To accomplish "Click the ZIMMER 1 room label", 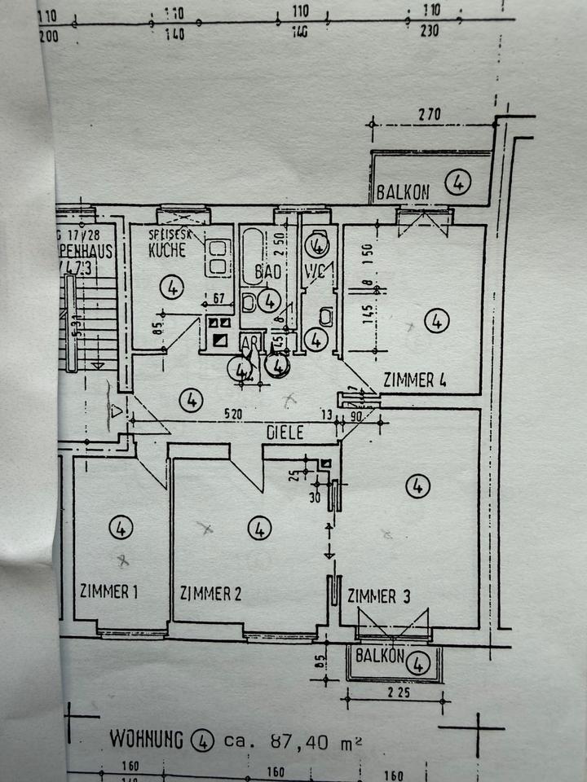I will [x=108, y=591].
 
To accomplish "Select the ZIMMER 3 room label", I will [x=378, y=595].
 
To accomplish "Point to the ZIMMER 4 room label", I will [x=414, y=380].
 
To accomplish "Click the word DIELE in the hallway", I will [x=285, y=433].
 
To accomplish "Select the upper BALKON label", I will [x=403, y=193].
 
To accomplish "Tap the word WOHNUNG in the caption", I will [x=148, y=740].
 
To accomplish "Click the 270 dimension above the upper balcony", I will [x=429, y=115].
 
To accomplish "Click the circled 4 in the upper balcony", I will [x=459, y=184].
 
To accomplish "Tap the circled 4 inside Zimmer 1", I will [x=120, y=528].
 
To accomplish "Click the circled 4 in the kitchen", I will [x=172, y=287].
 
